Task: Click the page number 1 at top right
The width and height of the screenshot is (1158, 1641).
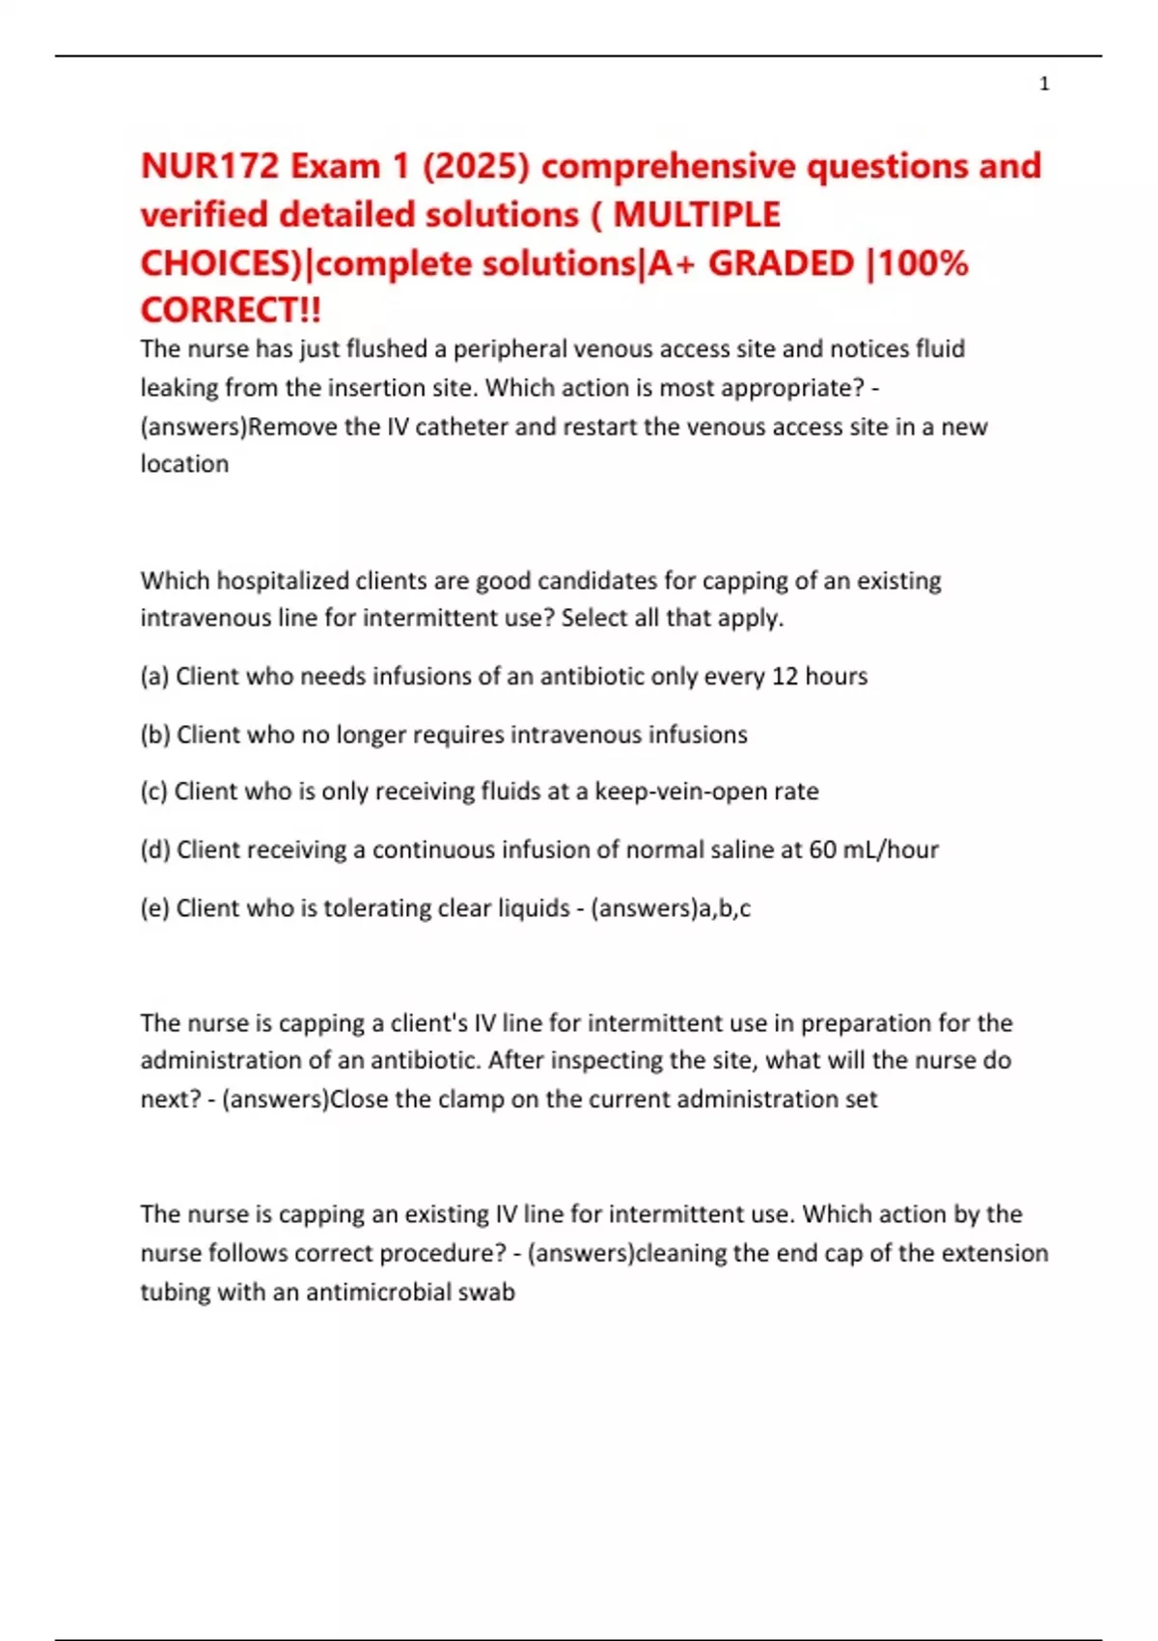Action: coord(1044,85)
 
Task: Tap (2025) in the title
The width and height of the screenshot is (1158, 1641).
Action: coord(476,166)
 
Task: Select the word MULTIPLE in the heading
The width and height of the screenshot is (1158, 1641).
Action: coord(697,214)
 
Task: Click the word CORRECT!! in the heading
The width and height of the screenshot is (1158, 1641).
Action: coord(231,311)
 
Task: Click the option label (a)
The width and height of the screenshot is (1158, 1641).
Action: coord(154,677)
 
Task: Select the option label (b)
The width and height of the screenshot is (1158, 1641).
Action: coord(155,735)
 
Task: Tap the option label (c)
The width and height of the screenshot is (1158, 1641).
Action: coord(154,792)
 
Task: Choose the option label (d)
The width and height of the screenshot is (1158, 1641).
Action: coord(155,849)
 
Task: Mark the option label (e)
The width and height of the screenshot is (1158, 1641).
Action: coord(154,908)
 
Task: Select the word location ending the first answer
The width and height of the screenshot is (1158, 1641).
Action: coord(184,464)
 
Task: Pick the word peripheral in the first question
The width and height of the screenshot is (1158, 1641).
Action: coord(510,349)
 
